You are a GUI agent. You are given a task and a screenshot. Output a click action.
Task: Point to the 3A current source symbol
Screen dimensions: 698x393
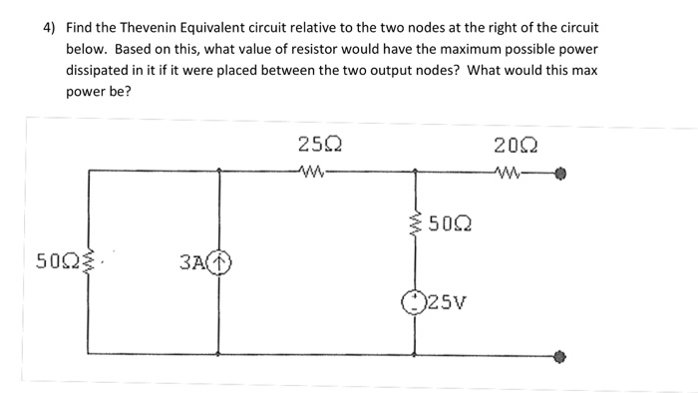click(220, 262)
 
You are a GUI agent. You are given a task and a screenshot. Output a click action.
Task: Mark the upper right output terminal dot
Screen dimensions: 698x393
click(561, 171)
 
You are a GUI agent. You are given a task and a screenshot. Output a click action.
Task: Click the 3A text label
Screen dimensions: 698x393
click(192, 262)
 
